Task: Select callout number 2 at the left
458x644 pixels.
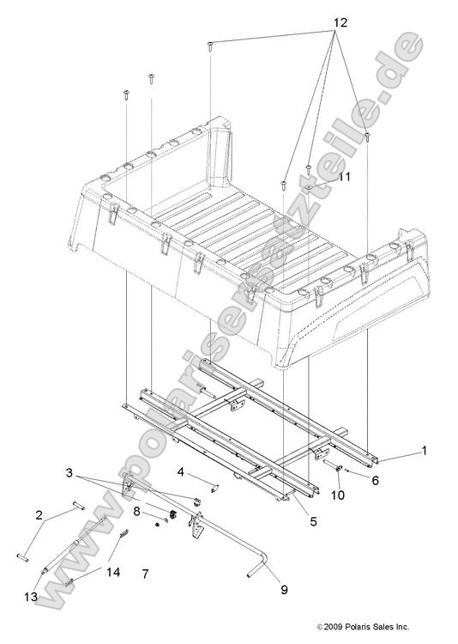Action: tap(39, 516)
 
